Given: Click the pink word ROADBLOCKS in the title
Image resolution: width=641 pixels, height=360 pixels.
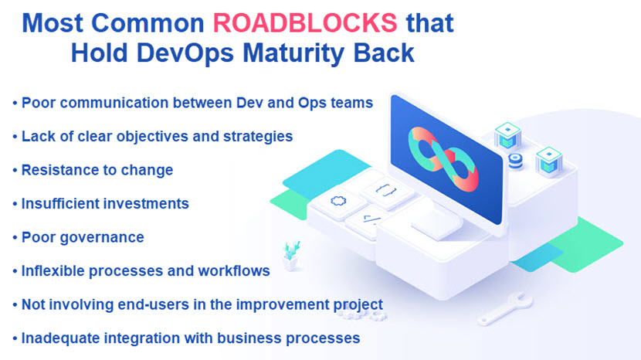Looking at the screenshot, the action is pos(305,23).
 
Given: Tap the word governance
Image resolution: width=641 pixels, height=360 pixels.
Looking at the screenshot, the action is pos(102,238).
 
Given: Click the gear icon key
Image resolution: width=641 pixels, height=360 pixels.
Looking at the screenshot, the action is pos(338,201).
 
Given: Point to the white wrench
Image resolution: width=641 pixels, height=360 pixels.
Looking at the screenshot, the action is pos(505,308).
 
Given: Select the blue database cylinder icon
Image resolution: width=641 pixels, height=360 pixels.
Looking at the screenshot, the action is pos(515,161).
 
